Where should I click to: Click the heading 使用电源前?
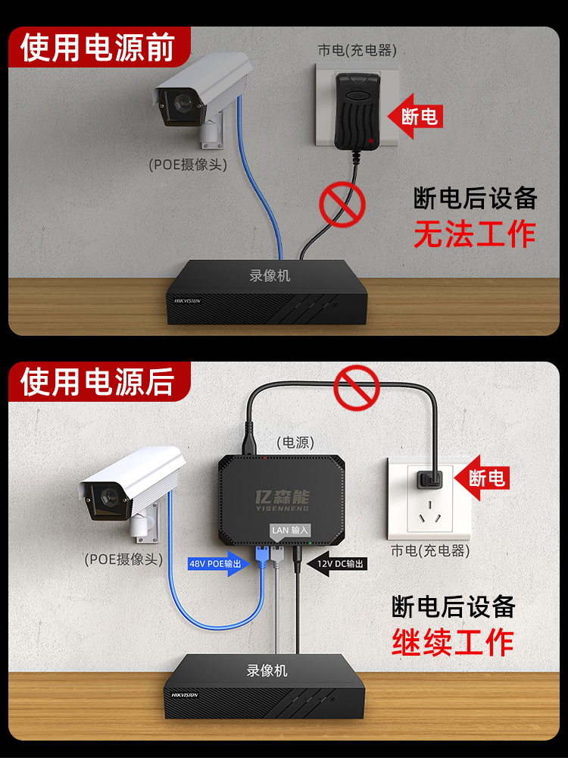pos(97,46)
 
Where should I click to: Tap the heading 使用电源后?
pos(97,380)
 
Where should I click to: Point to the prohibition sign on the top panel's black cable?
pos(341,202)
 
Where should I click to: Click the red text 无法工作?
pos(474,234)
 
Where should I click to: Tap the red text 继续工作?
pos(453,642)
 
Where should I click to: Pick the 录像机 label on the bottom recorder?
pos(267,671)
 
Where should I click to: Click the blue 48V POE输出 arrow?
pos(218,564)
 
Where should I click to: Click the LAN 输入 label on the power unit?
pos(289,531)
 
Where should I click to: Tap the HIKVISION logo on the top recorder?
pos(188,300)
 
